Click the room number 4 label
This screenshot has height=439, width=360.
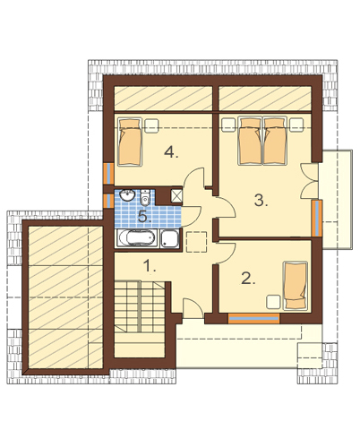tap(171, 152)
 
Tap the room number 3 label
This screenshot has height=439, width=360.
tap(261, 200)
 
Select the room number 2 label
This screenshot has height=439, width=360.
tap(248, 279)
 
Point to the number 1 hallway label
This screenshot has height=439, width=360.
tap(150, 266)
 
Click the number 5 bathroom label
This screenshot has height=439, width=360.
tap(144, 216)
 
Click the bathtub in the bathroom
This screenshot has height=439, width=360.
tap(137, 238)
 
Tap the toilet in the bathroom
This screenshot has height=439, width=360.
tap(145, 197)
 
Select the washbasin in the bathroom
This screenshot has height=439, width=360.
tap(127, 195)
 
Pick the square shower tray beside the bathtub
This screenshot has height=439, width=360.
tap(170, 238)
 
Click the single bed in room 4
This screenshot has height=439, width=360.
tap(130, 142)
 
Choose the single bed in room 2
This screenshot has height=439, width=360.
tap(296, 286)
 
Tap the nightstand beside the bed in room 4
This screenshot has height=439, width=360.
tap(151, 125)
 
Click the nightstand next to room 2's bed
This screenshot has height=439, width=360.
tap(273, 302)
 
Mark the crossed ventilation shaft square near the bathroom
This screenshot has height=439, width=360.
tap(176, 196)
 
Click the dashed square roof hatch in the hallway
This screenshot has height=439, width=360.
tap(196, 242)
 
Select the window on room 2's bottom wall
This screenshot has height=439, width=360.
tap(253, 318)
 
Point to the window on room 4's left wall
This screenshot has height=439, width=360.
tap(108, 174)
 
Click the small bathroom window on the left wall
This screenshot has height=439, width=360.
tap(107, 201)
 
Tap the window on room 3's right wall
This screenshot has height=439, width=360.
tap(317, 219)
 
